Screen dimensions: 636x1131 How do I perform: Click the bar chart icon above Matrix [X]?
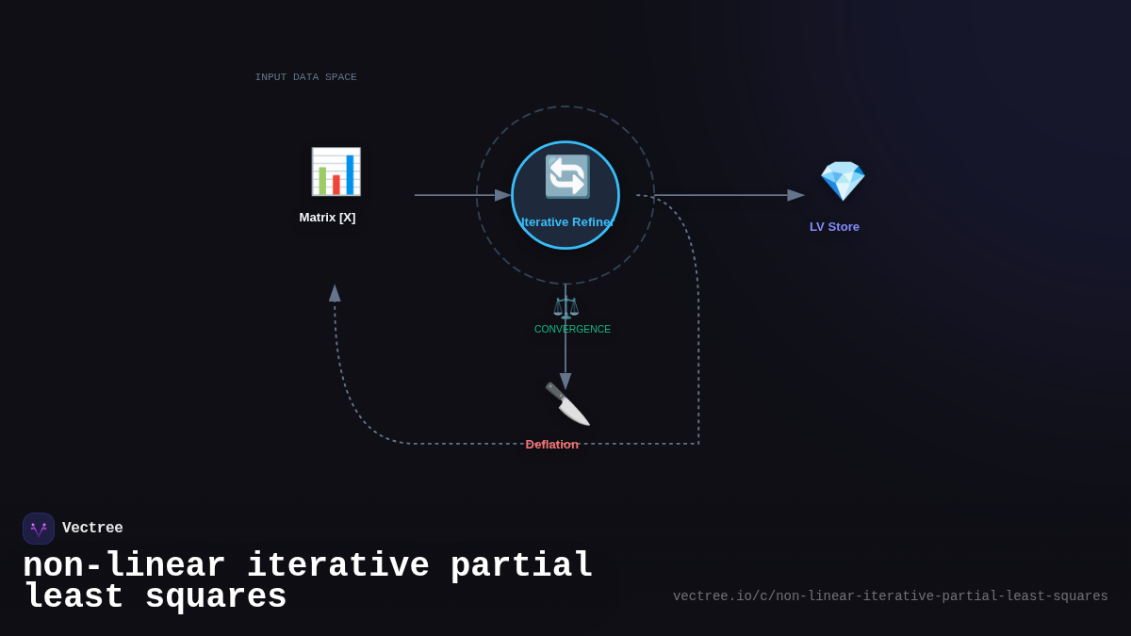point(336,171)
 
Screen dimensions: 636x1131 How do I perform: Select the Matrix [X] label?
point(327,218)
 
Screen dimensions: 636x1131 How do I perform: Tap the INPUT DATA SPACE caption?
point(305,77)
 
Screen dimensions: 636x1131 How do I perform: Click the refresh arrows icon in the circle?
point(566,176)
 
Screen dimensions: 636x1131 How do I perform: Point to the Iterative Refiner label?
point(566,222)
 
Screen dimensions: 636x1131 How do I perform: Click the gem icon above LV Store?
point(842,180)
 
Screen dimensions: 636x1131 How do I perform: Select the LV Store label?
point(834,227)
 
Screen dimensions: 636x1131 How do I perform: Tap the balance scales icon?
point(565,307)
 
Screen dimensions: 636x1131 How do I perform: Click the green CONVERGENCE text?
point(572,330)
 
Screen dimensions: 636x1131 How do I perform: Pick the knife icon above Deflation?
point(566,404)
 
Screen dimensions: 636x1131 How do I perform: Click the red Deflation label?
point(551,445)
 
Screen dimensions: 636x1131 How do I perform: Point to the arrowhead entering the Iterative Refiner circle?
point(503,195)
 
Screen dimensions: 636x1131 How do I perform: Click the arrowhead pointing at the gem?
point(796,195)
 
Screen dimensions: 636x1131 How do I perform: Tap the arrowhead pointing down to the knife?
point(565,381)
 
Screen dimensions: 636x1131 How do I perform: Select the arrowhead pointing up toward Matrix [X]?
point(335,293)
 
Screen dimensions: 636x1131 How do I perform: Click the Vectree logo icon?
point(39,529)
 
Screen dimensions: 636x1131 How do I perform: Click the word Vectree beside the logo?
point(92,529)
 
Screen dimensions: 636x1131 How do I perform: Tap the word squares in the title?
point(215,597)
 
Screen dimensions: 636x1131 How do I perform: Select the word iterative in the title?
point(337,566)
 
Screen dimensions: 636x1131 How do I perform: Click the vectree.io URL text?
point(890,596)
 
